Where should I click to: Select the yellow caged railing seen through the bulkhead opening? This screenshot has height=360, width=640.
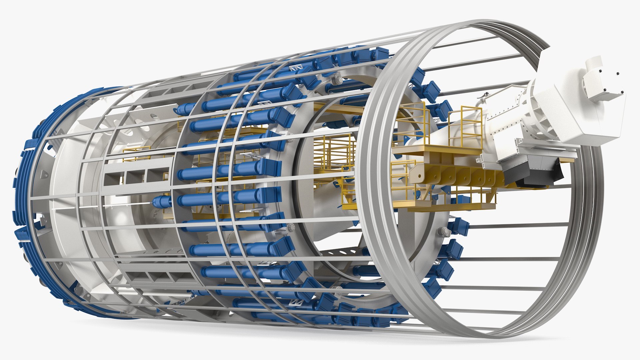click(333, 150)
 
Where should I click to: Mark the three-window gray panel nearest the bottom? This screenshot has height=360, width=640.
click(157, 277)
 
